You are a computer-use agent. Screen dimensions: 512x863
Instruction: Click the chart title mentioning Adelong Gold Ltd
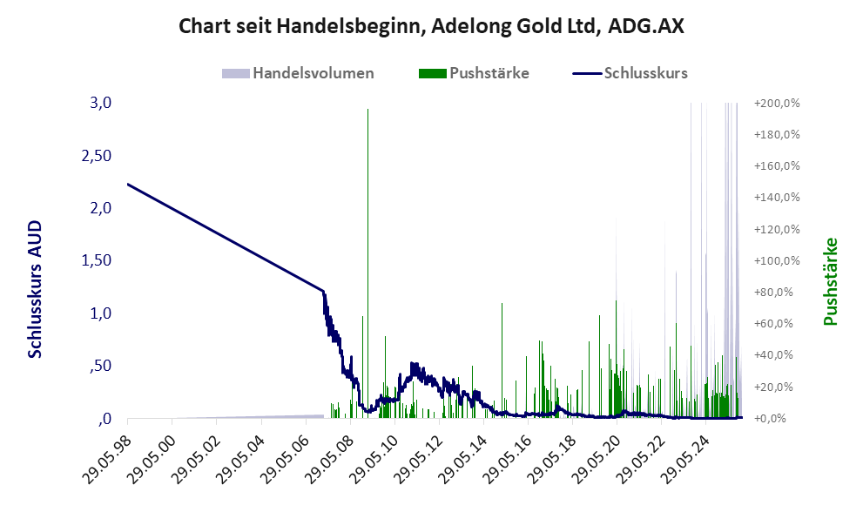point(431,26)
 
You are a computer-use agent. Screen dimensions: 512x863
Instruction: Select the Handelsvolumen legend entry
point(300,73)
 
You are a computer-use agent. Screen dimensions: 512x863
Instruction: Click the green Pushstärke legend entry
point(475,73)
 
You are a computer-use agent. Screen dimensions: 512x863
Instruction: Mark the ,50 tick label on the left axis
point(99,366)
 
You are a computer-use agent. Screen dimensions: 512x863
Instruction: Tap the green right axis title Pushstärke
point(830,281)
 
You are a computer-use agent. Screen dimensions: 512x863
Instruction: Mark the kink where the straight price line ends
point(323,291)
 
